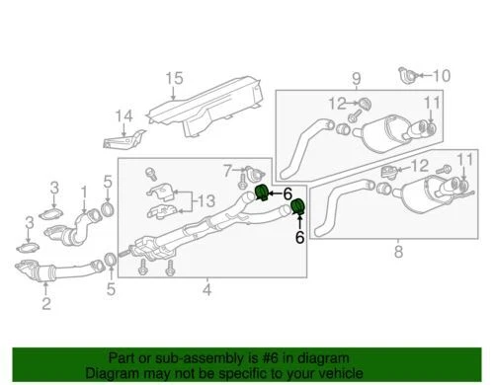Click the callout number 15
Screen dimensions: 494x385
[x=174, y=78]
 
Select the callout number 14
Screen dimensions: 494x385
[x=123, y=117]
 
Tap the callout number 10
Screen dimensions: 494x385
[x=441, y=75]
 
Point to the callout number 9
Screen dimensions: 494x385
[x=357, y=77]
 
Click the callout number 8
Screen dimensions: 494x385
[x=398, y=251]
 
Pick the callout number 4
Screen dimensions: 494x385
[x=206, y=290]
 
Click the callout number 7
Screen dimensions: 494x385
[x=227, y=170]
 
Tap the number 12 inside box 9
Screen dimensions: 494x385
[x=337, y=103]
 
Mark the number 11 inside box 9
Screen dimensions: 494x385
[x=433, y=103]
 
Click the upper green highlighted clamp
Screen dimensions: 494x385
[x=262, y=191]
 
